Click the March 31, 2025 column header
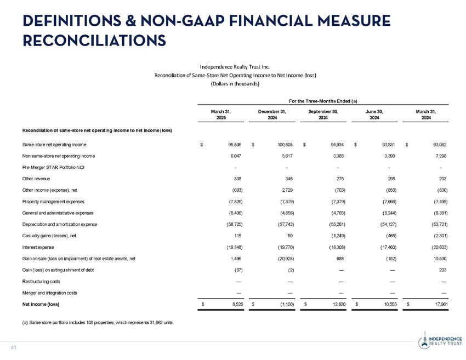coord(221,114)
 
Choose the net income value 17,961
coord(439,303)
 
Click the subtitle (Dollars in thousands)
coord(235,84)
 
